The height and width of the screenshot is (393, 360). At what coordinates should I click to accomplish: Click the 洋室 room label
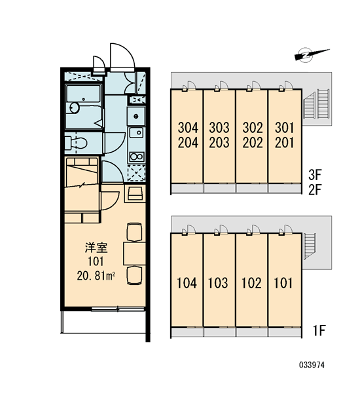(x=96, y=248)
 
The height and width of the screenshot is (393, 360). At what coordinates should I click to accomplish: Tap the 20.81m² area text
(x=96, y=276)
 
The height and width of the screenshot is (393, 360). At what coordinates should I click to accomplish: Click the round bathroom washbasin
(x=75, y=108)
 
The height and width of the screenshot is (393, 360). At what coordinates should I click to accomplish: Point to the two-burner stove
(x=136, y=157)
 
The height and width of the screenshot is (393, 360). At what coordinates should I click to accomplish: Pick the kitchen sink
(x=136, y=132)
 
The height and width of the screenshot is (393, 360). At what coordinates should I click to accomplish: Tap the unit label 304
(x=188, y=128)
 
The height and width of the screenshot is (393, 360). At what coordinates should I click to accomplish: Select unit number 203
(x=219, y=143)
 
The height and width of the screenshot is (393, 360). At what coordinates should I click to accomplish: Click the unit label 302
(x=253, y=128)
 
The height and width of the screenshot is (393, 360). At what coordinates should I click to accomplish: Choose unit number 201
(x=284, y=143)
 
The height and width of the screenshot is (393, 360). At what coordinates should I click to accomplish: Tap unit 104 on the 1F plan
(x=187, y=283)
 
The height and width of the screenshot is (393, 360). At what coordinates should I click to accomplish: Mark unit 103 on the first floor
(x=218, y=283)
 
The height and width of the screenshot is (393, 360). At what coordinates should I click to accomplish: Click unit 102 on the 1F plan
(x=251, y=283)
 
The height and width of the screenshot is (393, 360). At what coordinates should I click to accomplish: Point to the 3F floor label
(x=315, y=175)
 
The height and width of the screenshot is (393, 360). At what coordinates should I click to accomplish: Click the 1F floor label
(x=319, y=330)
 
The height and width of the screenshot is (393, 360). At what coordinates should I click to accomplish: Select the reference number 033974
(x=312, y=365)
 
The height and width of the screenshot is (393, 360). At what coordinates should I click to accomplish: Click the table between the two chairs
(x=135, y=253)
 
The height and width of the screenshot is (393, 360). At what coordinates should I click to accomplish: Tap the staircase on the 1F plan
(x=310, y=247)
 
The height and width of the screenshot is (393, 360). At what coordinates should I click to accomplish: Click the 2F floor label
(x=315, y=190)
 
